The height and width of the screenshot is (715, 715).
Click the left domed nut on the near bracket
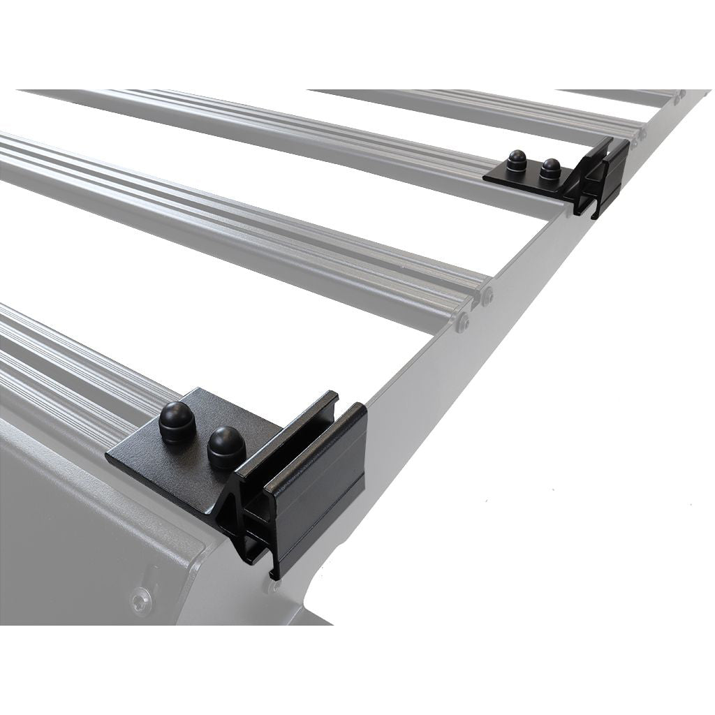pos(177,422)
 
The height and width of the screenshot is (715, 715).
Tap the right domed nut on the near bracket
pos(226,447)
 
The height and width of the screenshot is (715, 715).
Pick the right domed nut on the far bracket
pos(551,168)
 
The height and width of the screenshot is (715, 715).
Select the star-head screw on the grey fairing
pos(142,599)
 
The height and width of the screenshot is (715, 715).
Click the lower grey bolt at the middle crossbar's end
pos(463,322)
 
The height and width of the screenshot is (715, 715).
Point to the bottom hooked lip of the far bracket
pos(596,213)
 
